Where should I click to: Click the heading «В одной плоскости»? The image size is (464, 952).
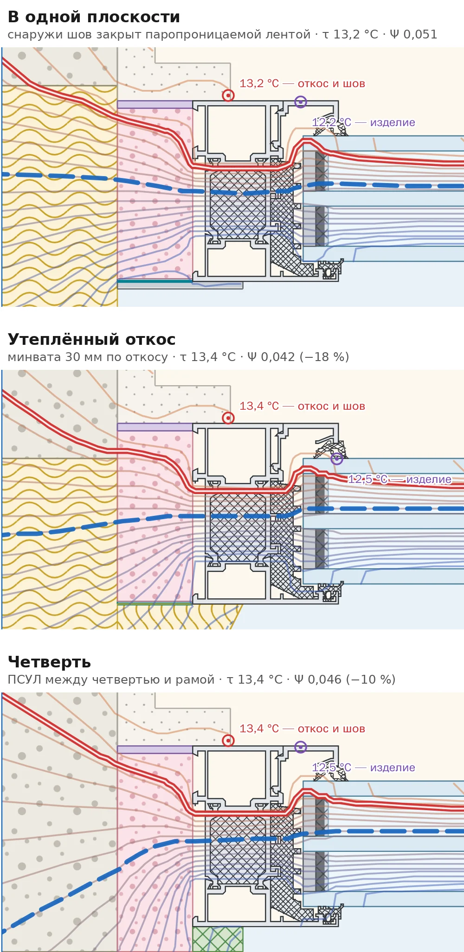(94, 17)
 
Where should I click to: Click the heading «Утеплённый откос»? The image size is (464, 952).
(92, 339)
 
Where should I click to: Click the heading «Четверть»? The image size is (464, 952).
(49, 662)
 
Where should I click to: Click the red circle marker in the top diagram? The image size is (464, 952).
(228, 95)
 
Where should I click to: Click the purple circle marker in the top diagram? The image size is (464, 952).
(301, 102)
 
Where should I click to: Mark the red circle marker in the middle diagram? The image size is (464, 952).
(228, 418)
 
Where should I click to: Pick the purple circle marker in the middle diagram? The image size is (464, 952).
(337, 459)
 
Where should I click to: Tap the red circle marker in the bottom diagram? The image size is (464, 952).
(228, 741)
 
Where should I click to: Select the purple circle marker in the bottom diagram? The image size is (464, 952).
(301, 747)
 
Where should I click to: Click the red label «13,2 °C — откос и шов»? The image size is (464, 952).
(302, 84)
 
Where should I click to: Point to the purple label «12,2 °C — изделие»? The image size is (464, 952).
(363, 122)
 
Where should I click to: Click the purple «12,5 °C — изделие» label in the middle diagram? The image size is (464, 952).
(400, 479)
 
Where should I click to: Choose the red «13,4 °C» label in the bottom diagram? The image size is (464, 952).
(259, 729)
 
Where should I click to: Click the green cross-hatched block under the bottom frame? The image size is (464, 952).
(218, 939)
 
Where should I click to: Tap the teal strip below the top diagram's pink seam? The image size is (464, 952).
(155, 281)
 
